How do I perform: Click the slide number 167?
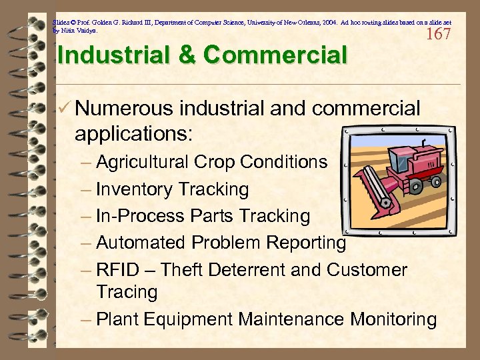pyautogui.click(x=438, y=34)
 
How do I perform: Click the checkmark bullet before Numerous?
pyautogui.click(x=65, y=108)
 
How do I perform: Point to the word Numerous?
pyautogui.click(x=124, y=108)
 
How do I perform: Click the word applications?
pyautogui.click(x=133, y=134)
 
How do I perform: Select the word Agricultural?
pyautogui.click(x=142, y=162)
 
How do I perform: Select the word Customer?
pyautogui.click(x=367, y=270)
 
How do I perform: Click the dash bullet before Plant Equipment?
pyautogui.click(x=86, y=319)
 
